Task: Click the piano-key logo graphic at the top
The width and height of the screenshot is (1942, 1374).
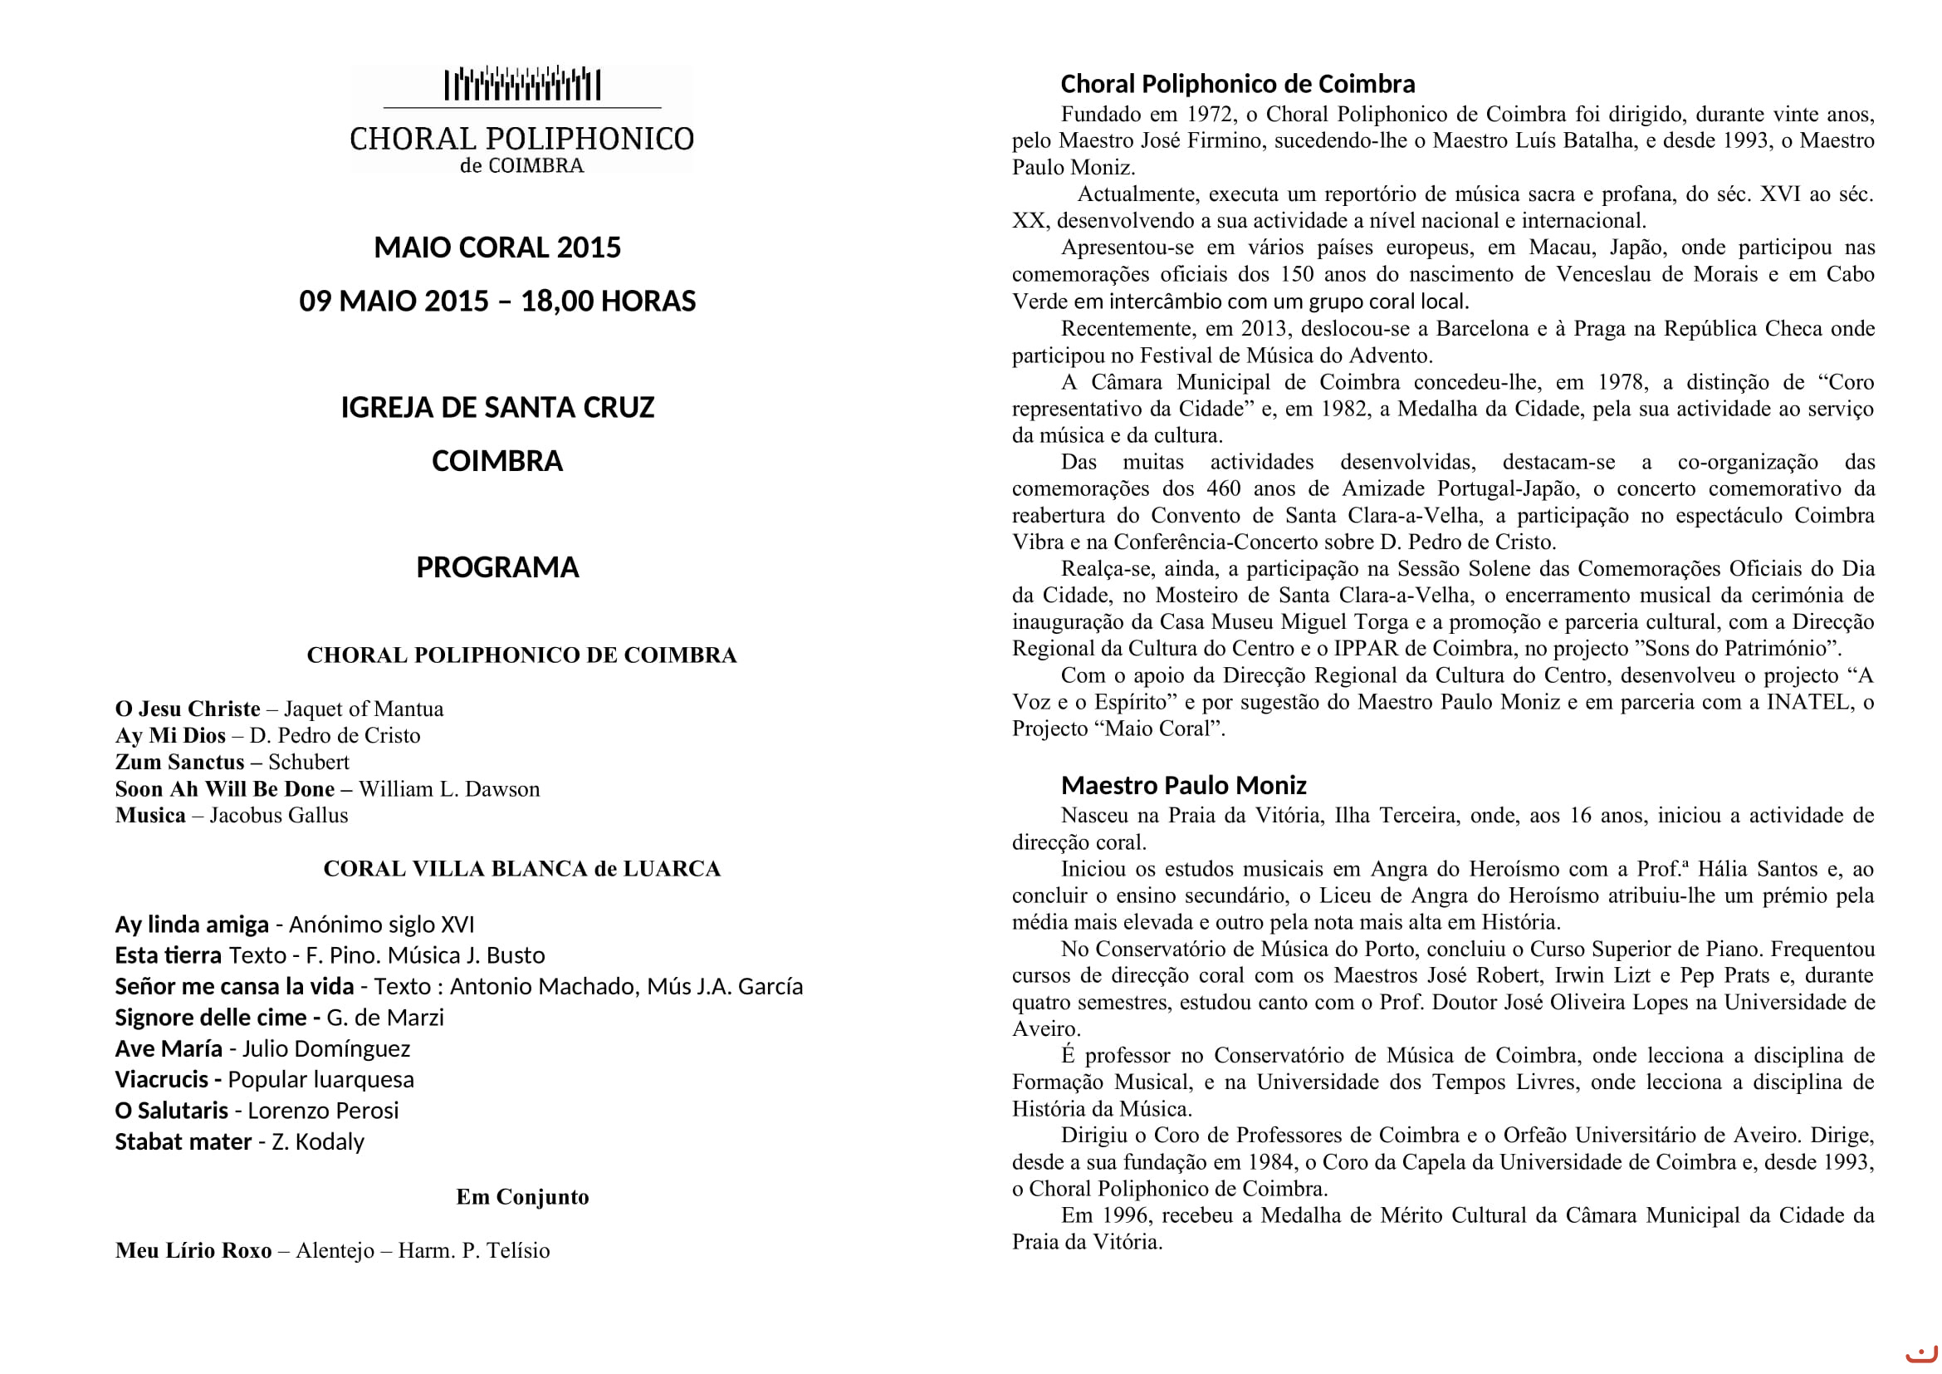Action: [522, 85]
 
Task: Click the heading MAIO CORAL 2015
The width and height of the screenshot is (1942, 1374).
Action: [497, 247]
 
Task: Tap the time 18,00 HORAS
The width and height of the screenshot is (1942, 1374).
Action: [608, 302]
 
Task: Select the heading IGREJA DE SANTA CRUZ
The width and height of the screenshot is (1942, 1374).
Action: [497, 408]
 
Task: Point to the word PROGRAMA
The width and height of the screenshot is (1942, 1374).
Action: [497, 567]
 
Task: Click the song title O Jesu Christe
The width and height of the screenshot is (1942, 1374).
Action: [188, 709]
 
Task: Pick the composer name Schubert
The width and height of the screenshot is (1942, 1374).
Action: [309, 763]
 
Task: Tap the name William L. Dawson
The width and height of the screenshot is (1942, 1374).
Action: [449, 789]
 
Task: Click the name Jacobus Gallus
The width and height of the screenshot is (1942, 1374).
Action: [279, 816]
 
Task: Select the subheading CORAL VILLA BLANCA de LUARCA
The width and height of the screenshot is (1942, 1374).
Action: [522, 869]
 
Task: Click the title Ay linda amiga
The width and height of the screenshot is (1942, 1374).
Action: [192, 925]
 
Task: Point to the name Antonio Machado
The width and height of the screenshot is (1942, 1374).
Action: [544, 987]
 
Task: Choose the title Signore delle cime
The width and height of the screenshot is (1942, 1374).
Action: [212, 1018]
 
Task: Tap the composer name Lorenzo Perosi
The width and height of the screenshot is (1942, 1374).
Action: [323, 1111]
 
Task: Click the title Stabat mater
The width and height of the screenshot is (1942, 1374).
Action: [183, 1142]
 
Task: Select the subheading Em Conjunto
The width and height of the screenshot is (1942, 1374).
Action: [522, 1197]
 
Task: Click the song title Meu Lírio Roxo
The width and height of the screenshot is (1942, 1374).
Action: [193, 1250]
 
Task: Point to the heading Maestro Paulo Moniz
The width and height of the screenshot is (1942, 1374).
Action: [1183, 786]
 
